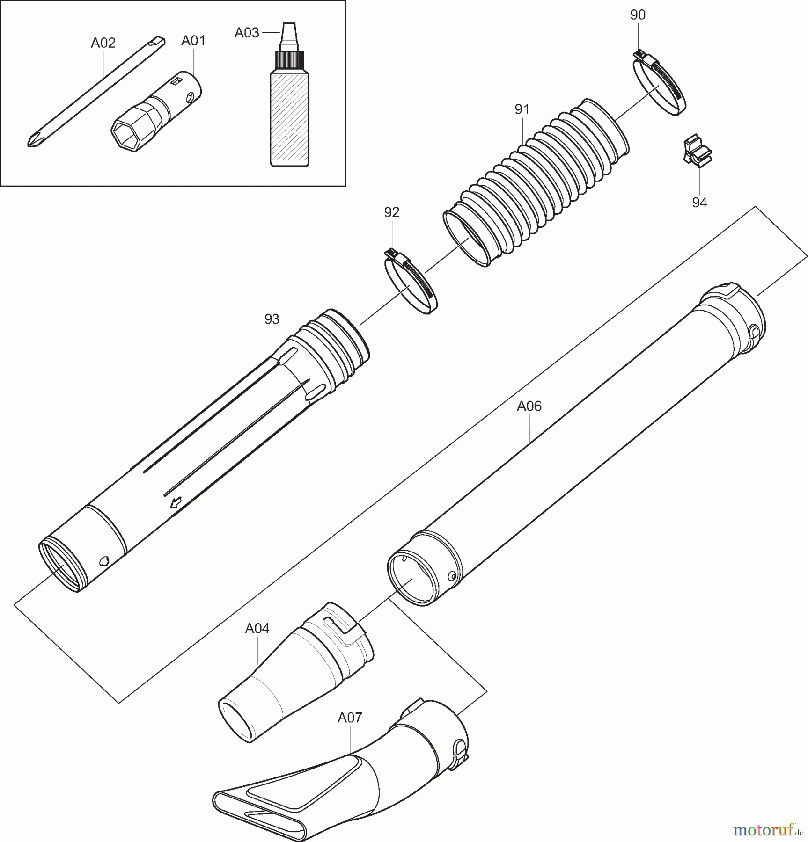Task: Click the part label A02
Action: click(103, 43)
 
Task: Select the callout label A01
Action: click(193, 41)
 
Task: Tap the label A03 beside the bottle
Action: click(247, 33)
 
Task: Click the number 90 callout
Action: click(638, 15)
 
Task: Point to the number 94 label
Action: click(699, 202)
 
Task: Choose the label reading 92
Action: click(392, 212)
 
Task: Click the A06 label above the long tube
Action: click(529, 406)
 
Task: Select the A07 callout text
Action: click(350, 718)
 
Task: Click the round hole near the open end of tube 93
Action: click(104, 560)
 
